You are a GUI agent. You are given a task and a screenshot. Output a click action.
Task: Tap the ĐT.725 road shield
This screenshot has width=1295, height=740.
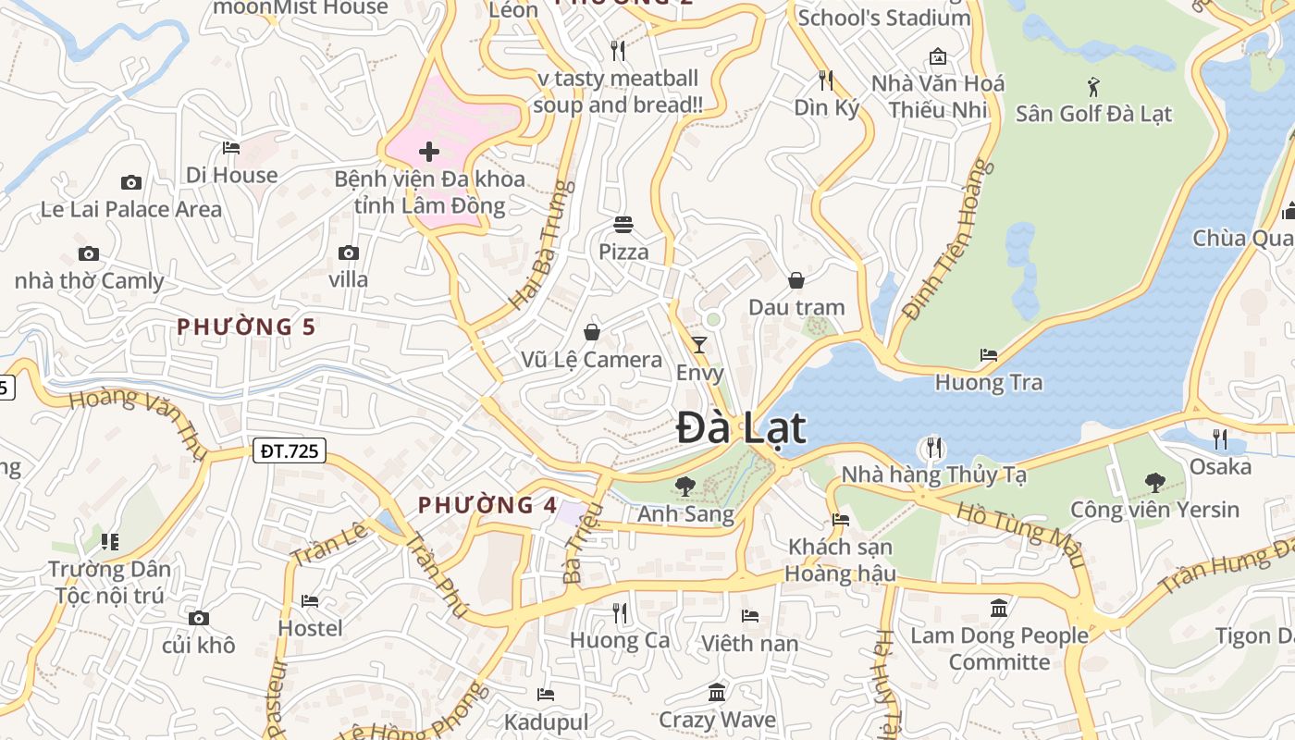289,450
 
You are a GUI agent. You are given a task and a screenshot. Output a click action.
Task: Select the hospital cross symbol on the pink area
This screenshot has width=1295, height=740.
429,151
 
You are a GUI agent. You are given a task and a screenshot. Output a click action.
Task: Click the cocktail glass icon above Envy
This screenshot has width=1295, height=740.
699,345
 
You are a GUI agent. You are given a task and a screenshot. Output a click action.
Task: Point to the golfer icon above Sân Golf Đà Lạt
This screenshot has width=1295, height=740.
1093,87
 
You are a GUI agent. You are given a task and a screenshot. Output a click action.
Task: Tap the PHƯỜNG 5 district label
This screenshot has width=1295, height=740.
246,327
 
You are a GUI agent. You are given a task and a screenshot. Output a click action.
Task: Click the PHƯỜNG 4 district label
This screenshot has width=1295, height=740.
487,505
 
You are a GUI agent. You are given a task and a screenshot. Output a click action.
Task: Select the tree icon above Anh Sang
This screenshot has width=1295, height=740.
685,486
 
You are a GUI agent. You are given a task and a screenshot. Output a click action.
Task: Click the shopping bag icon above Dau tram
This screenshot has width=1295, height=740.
795,279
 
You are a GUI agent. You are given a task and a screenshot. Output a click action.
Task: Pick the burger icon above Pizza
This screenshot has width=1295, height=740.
623,224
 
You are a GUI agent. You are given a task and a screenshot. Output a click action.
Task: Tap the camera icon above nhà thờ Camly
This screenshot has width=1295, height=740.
89,253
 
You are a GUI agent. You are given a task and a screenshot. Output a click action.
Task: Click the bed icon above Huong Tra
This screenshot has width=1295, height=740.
988,355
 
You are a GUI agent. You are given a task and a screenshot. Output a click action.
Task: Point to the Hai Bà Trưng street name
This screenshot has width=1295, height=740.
542,245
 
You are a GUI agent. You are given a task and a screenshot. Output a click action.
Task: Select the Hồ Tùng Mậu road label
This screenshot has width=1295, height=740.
1019,535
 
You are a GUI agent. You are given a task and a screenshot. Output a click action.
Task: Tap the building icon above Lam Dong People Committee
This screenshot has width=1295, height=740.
999,608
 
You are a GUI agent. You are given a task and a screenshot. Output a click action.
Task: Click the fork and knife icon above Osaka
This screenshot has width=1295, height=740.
1219,438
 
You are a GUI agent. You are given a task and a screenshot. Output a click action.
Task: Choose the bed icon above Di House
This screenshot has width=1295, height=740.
231,148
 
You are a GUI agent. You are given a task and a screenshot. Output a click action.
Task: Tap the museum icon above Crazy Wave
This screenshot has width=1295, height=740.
716,692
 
